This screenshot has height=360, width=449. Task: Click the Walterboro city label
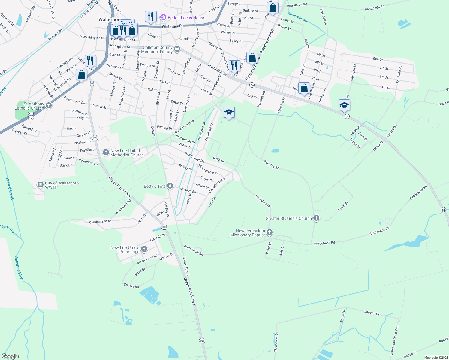point(110,19)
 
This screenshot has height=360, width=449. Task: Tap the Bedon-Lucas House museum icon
point(163,18)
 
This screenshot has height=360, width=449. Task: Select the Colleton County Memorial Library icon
point(177,49)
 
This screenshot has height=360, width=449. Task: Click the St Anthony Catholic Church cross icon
point(49,106)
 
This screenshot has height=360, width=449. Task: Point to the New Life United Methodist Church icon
point(106,152)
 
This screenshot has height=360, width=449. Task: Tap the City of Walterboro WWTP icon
point(40,185)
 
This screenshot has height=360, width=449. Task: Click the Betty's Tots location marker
point(170,186)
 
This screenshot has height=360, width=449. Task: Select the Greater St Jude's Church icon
point(316,218)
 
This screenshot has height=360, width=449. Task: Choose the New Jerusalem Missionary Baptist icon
point(270,232)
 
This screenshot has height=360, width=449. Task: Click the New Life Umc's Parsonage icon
point(144,249)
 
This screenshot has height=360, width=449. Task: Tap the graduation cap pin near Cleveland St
point(229,112)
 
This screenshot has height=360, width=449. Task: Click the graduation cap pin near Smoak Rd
point(344,105)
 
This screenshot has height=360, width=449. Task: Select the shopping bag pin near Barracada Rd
point(273,8)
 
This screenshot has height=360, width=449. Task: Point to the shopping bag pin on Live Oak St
point(304,88)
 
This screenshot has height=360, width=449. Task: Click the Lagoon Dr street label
point(372,313)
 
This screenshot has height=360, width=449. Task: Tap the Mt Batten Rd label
point(263,202)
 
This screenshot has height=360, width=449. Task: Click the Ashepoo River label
point(19,268)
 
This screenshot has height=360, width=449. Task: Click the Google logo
point(10,356)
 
